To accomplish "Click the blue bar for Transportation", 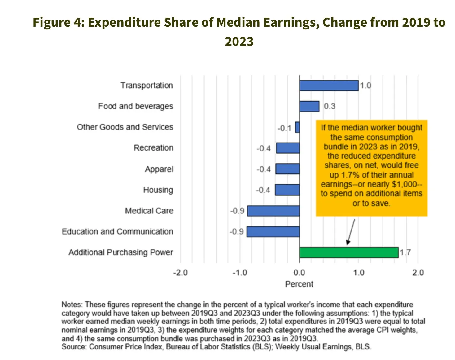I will (329, 86).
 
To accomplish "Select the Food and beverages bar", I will (309, 106).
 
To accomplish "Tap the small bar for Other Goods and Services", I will (297, 127).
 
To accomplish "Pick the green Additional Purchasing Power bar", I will (348, 252).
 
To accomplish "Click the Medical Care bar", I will (273, 211).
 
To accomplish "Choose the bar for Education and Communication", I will (273, 232).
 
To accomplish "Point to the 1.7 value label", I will (405, 252).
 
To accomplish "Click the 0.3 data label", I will (330, 106).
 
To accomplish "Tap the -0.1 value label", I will (284, 128).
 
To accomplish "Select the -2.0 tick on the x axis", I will (180, 273).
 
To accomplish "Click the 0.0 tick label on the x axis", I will (299, 273).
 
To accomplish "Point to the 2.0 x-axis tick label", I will (418, 273).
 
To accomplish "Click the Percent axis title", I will (299, 284).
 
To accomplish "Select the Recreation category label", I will (153, 148).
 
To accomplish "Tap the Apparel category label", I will (159, 169).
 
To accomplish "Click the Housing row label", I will (158, 190).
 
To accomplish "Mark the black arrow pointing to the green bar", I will (351, 232).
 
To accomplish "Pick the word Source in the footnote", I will (73, 347).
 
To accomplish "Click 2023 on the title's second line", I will (239, 42).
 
